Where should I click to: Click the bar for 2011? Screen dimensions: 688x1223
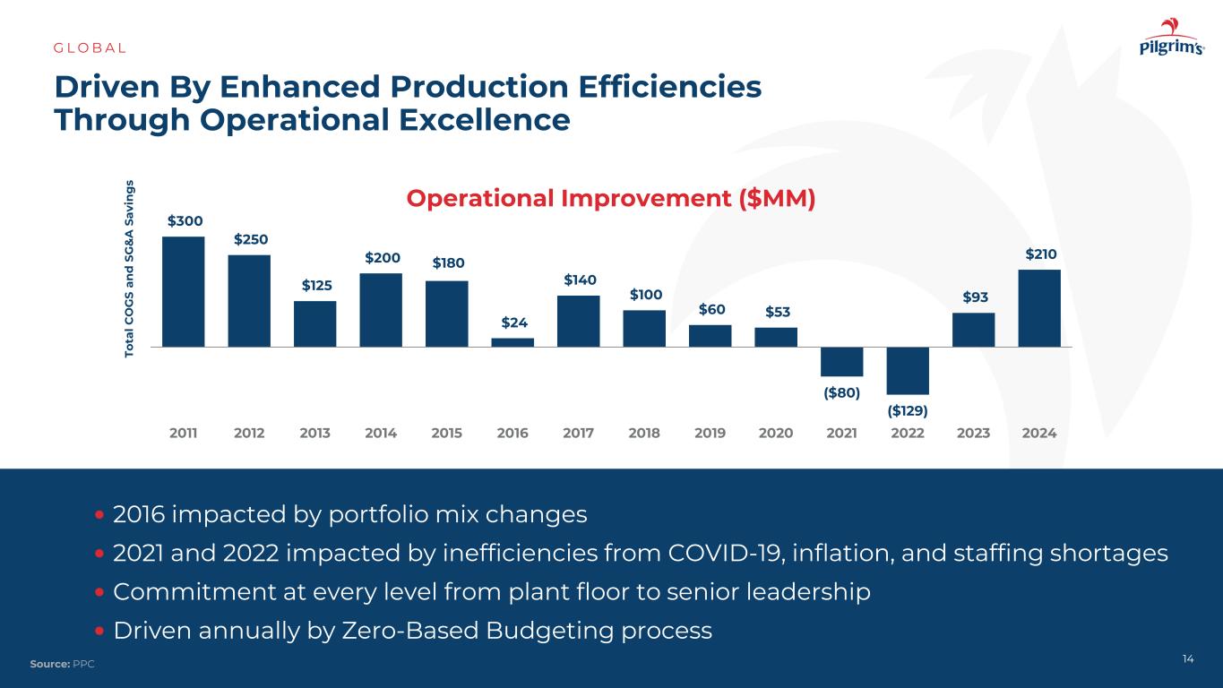[184, 291]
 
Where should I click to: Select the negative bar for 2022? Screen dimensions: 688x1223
[908, 370]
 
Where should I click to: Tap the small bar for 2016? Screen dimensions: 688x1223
[512, 342]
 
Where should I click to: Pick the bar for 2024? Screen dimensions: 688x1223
[1039, 308]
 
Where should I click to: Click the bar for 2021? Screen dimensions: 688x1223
[842, 361]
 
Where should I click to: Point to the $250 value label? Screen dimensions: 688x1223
[250, 239]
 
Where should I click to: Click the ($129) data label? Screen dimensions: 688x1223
[908, 410]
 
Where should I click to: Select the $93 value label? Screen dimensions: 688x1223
[974, 297]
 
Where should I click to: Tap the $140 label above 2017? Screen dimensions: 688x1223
[579, 280]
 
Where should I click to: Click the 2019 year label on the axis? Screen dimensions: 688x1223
[711, 434]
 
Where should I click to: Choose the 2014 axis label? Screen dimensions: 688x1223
[381, 434]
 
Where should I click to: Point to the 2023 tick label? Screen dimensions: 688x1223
[974, 434]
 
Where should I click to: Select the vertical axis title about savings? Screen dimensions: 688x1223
[130, 269]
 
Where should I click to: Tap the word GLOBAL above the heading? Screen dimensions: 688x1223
[90, 47]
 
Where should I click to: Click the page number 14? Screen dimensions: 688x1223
[1188, 659]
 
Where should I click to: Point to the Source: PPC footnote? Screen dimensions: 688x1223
[62, 664]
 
